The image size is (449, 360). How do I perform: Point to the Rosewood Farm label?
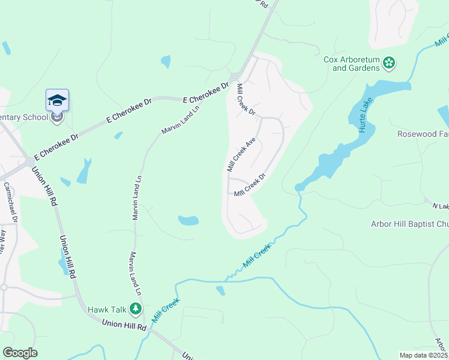tap(423, 134)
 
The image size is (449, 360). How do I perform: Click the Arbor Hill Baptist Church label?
tap(409, 224)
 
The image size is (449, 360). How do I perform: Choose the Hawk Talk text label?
tap(107, 310)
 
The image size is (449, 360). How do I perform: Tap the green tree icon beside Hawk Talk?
tap(136, 309)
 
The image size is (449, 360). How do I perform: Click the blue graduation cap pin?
tap(57, 100)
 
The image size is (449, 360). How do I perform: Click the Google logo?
tap(20, 353)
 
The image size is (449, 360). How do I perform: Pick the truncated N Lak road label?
tap(440, 206)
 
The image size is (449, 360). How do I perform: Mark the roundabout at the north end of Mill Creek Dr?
tap(235, 76)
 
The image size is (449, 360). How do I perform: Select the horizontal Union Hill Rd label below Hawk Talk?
tap(124, 326)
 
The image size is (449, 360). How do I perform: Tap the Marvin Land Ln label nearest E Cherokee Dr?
tap(181, 117)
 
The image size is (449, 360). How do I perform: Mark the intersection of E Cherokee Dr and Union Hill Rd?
tap(30, 161)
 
